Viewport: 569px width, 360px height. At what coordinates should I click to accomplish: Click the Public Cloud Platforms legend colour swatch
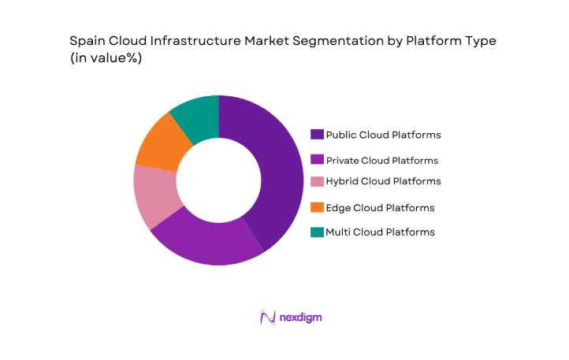(x=317, y=135)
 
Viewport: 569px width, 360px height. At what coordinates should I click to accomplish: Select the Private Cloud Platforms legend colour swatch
(x=317, y=160)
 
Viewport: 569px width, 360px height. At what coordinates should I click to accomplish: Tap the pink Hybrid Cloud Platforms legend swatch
(x=317, y=181)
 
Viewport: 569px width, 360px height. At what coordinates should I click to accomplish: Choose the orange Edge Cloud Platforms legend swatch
(x=317, y=208)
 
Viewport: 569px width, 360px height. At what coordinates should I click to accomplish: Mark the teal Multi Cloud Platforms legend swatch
(x=317, y=232)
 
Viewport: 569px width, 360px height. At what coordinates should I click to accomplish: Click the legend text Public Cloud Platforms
(x=383, y=135)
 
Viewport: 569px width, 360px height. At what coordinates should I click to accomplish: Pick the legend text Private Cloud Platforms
(x=382, y=160)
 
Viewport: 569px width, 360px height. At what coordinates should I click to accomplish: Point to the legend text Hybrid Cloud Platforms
(x=383, y=181)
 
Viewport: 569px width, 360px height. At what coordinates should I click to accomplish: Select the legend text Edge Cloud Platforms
(x=380, y=208)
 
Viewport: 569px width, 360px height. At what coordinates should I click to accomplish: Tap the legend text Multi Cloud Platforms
(x=380, y=232)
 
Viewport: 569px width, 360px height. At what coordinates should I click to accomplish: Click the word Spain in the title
(x=87, y=41)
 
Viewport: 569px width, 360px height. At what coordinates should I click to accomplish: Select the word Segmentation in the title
(x=303, y=41)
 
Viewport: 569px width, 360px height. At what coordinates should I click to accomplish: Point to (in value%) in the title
(x=106, y=59)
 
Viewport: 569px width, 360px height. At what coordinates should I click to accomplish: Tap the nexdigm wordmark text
(x=300, y=317)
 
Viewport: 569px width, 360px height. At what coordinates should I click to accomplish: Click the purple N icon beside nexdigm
(x=266, y=317)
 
